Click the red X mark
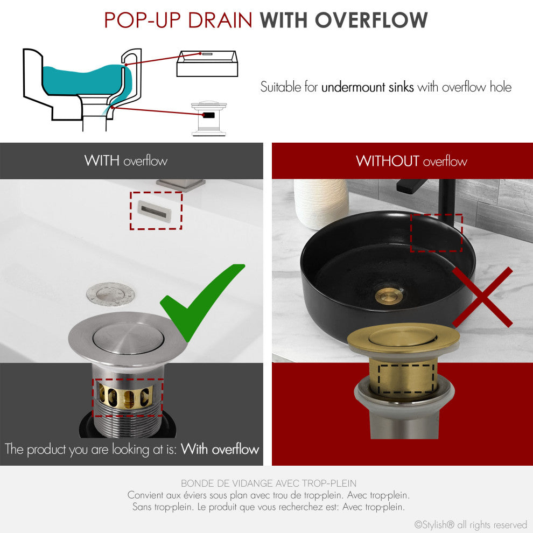[482, 297]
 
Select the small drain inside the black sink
[385, 296]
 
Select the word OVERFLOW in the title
[371, 20]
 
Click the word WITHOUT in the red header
[387, 161]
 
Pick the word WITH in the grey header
[102, 160]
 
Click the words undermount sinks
[367, 87]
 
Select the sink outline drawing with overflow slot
[206, 64]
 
